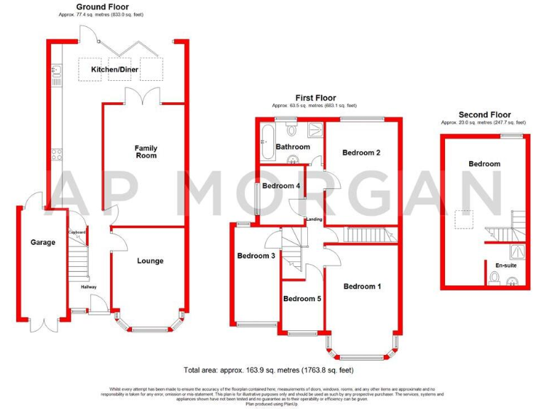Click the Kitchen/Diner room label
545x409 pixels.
tap(114, 70)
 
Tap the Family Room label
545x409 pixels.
tap(146, 152)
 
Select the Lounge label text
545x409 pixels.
tap(150, 261)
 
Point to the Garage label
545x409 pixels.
tap(43, 242)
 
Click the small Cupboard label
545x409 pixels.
tap(77, 233)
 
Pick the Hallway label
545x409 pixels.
tap(88, 287)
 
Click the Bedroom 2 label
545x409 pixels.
tap(362, 153)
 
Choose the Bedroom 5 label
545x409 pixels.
tap(302, 299)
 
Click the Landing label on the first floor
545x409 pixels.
tap(314, 219)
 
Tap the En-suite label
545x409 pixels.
tap(506, 265)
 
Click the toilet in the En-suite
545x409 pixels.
tap(495, 278)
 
